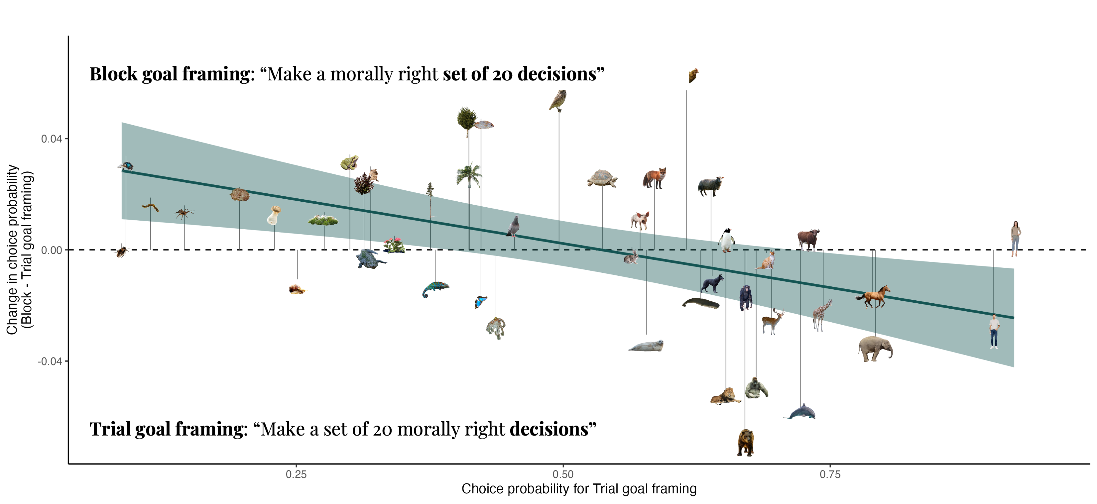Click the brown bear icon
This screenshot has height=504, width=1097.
746,443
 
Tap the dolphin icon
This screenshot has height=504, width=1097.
800,412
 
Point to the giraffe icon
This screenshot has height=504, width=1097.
821,315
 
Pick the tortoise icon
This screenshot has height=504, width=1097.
602,178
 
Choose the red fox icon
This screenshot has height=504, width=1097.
655,178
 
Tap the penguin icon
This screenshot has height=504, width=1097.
726,241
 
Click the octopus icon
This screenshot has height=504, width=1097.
496,328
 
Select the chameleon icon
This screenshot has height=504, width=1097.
435,289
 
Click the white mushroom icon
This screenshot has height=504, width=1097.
274,215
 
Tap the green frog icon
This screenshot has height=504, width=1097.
350,162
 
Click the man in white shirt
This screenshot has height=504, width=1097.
994,332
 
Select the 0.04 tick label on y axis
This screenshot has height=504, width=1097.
51,139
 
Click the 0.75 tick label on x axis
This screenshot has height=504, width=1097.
830,474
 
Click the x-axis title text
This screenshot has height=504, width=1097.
579,489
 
